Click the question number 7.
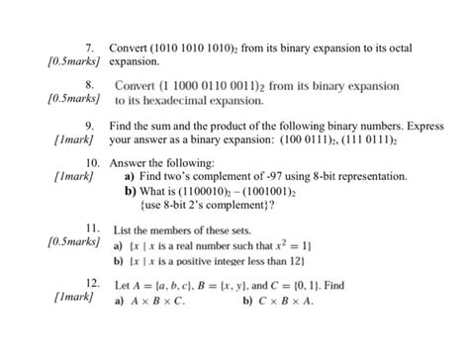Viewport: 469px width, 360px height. (89, 46)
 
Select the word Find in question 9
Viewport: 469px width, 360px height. (122, 127)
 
